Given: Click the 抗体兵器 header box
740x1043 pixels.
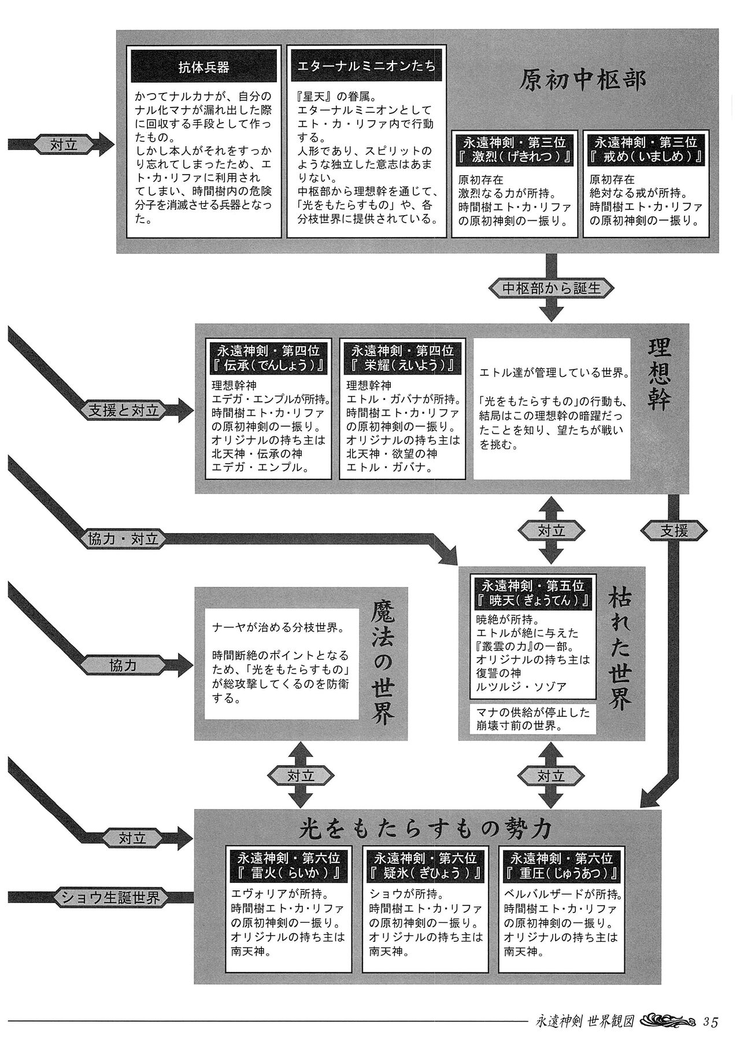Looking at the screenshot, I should pos(203,67).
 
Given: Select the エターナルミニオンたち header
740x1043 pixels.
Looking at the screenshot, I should pos(367,66).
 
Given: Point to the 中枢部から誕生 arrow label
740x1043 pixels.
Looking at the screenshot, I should pos(552,287).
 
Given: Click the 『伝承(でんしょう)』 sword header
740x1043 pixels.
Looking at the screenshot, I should pos(268,358).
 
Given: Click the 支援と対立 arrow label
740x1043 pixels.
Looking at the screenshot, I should pos(123,411).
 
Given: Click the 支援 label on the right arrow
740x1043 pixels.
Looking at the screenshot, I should pos(674,530).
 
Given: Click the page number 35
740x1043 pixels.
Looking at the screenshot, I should pos(711,1022).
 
